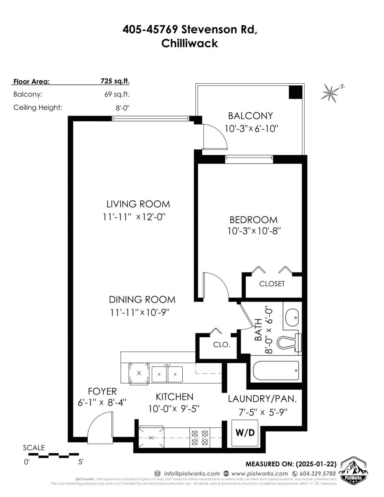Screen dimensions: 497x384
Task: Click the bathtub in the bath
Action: point(275,371)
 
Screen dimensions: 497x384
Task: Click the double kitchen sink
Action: point(167,374)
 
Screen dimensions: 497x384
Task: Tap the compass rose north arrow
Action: point(332,92)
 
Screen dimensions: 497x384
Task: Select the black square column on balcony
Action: point(295,92)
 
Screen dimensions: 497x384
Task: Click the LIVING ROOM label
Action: point(138,204)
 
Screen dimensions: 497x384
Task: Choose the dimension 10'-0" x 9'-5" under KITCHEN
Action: point(174,409)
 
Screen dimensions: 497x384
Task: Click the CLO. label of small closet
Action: point(222,345)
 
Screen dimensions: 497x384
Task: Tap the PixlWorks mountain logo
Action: point(355,471)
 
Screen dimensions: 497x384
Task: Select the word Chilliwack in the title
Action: point(190,43)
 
